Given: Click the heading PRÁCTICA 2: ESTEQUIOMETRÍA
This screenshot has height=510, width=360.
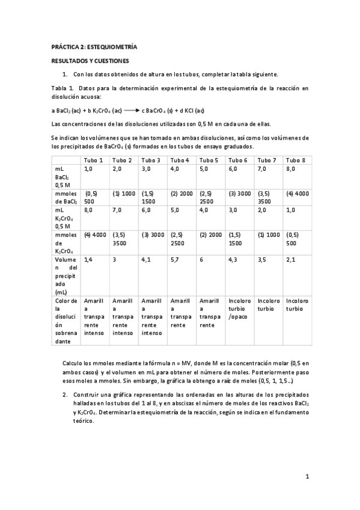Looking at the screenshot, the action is (94, 46).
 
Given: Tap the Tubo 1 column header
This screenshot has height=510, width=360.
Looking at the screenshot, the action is (93, 160).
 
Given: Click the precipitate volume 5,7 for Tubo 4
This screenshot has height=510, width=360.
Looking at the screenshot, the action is (175, 259).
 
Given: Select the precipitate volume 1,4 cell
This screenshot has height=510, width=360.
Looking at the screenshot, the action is (88, 259).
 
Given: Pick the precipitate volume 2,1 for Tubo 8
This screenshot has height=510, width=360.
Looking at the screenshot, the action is (291, 259).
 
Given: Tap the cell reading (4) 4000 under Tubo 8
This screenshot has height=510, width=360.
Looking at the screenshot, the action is (297, 194).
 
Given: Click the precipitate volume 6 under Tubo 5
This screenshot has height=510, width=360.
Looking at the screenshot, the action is (201, 259).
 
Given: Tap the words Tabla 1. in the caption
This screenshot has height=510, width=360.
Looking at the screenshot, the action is (62, 88).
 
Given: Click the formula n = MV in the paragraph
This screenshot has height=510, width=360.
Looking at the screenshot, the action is (184, 364).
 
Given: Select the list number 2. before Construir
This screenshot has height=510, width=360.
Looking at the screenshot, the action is (65, 395).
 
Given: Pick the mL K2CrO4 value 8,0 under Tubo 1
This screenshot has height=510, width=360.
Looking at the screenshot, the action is (88, 210).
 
